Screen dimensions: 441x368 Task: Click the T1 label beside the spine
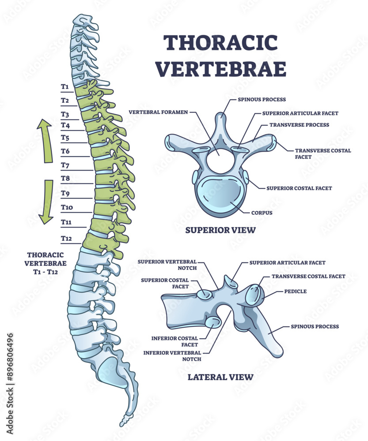point(65,86)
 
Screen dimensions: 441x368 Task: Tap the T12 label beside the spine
point(66,239)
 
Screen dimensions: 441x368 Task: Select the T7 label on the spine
point(65,165)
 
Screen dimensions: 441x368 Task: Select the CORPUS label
point(262,213)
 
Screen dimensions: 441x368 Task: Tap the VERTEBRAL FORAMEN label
point(158,112)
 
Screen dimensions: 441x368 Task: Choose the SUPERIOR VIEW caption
point(220,230)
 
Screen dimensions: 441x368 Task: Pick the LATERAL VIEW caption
point(220,377)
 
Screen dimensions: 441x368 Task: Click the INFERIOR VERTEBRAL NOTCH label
point(172,355)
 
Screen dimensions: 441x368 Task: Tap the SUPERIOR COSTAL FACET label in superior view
point(299,188)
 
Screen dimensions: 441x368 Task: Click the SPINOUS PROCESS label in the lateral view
point(315,327)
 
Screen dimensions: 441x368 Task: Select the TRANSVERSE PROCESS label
point(299,125)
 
